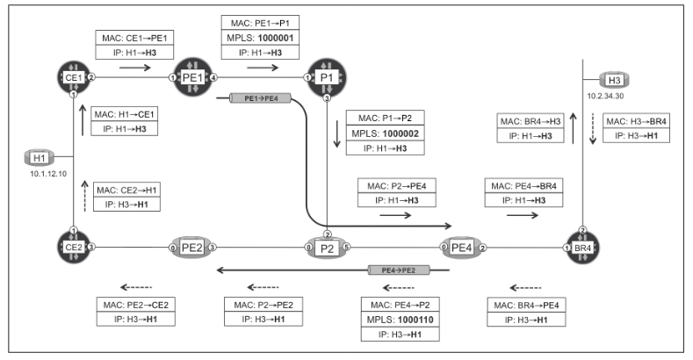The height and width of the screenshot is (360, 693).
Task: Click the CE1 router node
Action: tap(74, 77)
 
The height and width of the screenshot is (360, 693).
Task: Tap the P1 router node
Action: tap(325, 78)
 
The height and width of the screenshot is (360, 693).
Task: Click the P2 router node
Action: tap(327, 248)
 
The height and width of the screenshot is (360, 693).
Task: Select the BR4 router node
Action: tap(582, 248)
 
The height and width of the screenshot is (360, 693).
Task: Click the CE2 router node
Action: tap(74, 248)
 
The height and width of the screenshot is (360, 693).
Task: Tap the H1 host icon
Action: tap(38, 157)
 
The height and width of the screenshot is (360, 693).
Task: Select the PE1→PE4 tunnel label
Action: tap(253, 98)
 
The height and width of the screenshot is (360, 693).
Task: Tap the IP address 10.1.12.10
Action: tap(38, 174)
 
